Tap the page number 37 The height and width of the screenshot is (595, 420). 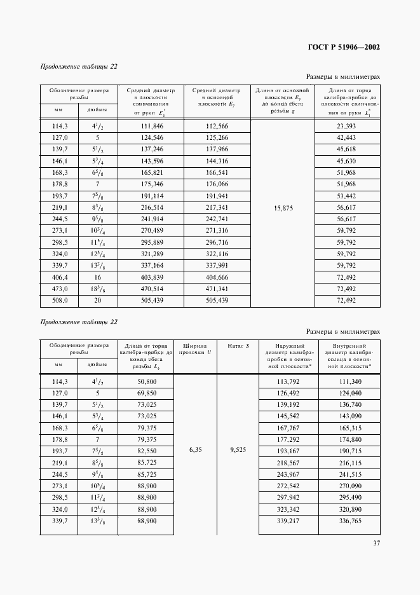376,543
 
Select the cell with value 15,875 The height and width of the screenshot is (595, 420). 283,208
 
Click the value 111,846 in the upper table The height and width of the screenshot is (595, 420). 151,127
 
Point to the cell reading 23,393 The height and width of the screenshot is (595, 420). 347,127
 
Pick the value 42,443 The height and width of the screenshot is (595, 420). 347,138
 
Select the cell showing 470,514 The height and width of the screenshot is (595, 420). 151,289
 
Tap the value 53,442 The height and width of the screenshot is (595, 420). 347,196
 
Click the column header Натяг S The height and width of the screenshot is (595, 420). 238,346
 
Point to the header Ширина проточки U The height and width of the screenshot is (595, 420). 194,350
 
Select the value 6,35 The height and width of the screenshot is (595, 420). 195,449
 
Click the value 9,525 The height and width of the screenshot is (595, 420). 238,449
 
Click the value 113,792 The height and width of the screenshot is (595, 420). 288,381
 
